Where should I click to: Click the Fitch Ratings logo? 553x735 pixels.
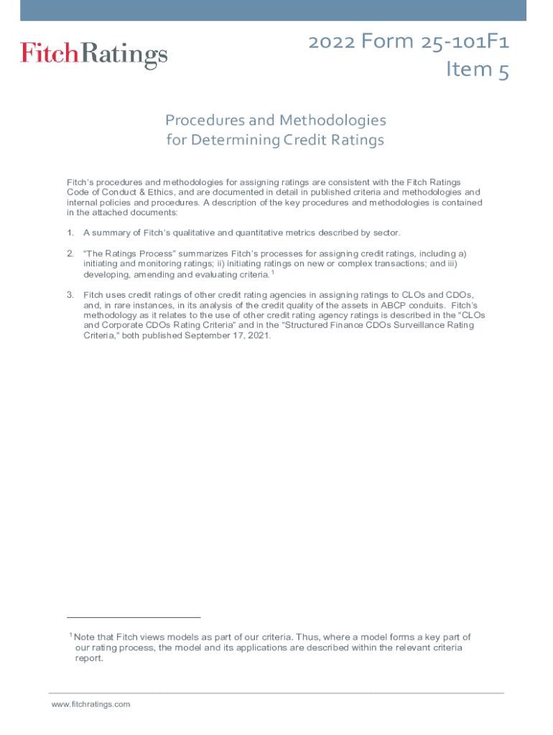pos(93,55)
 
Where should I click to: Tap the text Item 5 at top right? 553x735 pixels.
pos(478,70)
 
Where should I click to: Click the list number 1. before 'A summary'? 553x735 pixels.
pos(70,233)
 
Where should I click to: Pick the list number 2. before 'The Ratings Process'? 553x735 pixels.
pos(70,253)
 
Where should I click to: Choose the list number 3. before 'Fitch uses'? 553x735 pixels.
pos(70,295)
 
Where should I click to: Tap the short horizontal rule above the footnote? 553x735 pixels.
pos(134,617)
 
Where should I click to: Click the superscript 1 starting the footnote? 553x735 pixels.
pos(70,635)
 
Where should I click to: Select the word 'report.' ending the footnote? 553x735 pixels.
pos(90,658)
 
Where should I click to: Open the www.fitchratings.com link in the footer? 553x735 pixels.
pos(90,704)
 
